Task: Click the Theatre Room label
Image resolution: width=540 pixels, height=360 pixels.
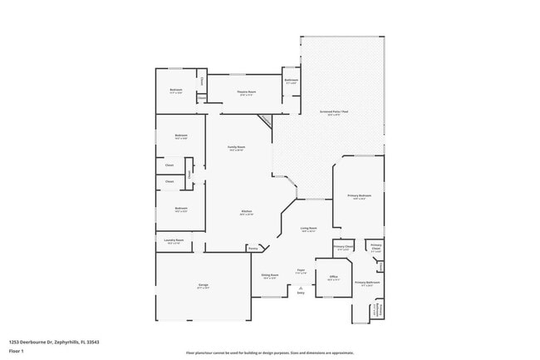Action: [247, 92]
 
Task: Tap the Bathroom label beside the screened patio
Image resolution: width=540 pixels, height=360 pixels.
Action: [292, 81]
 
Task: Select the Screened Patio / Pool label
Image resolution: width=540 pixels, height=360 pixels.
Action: [334, 113]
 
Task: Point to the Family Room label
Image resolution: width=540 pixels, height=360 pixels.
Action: [237, 148]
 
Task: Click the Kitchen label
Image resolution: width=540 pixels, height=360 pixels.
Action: [247, 213]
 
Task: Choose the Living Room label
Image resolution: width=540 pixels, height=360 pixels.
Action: [308, 228]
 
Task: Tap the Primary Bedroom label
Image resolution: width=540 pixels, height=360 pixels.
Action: [360, 195]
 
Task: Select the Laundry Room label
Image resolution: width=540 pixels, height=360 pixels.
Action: [174, 240]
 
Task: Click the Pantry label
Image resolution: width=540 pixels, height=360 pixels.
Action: [253, 248]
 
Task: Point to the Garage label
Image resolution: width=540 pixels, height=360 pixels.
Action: [203, 285]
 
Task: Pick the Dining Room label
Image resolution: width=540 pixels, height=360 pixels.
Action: [270, 276]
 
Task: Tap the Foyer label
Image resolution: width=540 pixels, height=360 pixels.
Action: [301, 269]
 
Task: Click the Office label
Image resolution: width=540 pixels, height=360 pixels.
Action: [333, 277]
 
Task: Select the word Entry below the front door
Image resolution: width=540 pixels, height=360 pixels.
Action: [301, 293]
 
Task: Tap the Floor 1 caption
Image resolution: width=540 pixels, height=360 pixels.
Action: [16, 351]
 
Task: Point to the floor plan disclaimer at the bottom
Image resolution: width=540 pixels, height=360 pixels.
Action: [269, 353]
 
